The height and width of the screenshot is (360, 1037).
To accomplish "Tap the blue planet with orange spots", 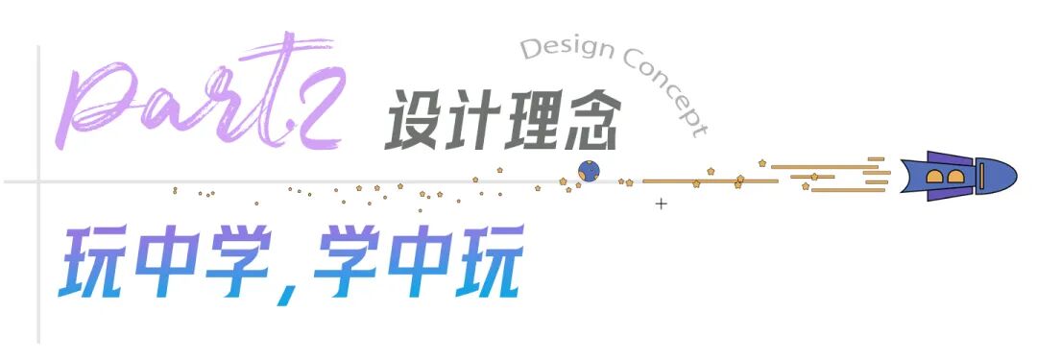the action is pyautogui.click(x=589, y=172).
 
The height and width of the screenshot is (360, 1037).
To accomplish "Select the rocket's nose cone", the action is pyautogui.click(x=999, y=175).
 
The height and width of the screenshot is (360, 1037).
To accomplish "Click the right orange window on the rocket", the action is pyautogui.click(x=954, y=176).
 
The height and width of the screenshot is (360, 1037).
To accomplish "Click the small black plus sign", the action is pyautogui.click(x=661, y=204).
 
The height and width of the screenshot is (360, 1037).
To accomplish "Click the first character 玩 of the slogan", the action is pyautogui.click(x=96, y=263).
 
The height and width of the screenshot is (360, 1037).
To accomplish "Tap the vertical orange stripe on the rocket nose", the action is pyautogui.click(x=977, y=175).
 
